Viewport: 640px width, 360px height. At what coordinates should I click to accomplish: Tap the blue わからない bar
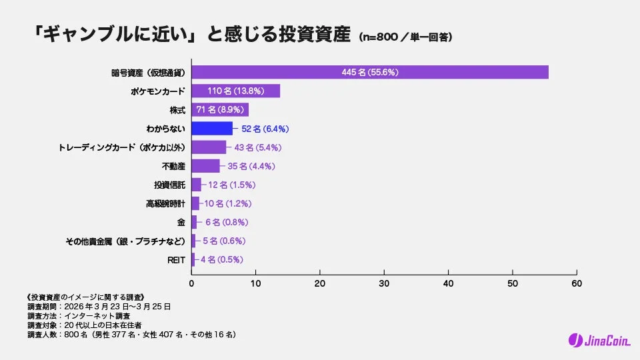click(212, 129)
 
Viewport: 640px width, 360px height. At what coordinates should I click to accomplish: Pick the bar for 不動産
click(205, 166)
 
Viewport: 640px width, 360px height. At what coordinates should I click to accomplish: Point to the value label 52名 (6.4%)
click(265, 129)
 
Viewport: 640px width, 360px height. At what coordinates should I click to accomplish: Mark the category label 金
click(181, 222)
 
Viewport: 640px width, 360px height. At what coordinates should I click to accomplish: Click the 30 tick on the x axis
click(384, 283)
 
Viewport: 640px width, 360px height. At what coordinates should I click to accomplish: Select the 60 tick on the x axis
click(577, 283)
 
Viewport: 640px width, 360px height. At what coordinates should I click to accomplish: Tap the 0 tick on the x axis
click(192, 283)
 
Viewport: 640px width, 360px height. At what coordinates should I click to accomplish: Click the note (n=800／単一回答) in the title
click(405, 37)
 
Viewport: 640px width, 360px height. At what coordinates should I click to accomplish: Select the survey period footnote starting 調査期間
click(99, 306)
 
